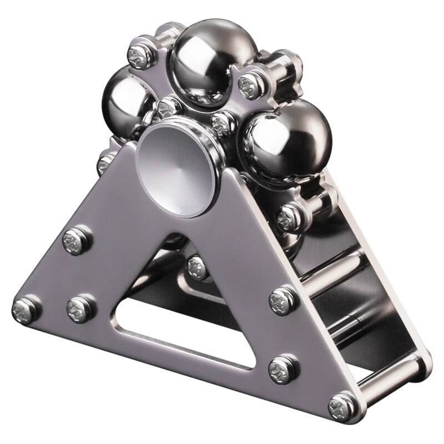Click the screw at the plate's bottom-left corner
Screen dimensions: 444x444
click(26, 310)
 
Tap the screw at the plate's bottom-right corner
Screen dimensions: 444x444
click(341, 407)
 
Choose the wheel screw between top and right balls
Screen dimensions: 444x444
click(250, 87)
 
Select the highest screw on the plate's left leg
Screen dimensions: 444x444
click(75, 240)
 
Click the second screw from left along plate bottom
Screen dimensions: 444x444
click(80, 309)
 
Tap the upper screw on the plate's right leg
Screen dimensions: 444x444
click(283, 300)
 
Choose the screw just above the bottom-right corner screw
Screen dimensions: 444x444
click(284, 369)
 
